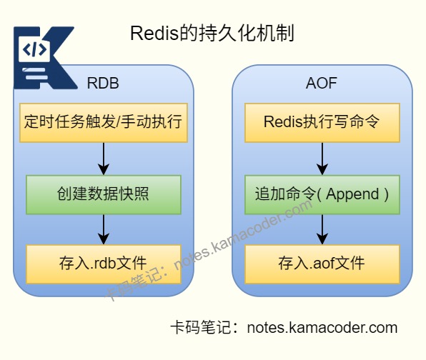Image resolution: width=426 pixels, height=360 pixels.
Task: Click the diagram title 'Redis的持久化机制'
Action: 212,33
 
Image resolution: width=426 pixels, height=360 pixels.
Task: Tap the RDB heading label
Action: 103,83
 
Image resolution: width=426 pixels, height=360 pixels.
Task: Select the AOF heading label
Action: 322,83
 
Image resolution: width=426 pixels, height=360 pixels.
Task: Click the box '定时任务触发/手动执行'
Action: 104,123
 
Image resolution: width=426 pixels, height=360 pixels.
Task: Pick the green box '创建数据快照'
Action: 104,195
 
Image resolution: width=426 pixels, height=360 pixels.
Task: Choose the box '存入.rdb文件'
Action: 104,264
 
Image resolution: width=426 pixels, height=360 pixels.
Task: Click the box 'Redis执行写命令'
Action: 322,123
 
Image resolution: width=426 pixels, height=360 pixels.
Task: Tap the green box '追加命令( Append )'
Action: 322,195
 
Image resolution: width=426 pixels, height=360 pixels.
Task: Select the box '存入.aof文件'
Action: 322,264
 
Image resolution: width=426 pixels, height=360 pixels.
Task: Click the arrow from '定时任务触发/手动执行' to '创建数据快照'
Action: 104,159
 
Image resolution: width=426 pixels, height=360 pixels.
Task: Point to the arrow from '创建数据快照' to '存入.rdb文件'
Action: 104,229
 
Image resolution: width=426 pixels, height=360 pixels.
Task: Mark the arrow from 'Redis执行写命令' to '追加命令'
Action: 322,159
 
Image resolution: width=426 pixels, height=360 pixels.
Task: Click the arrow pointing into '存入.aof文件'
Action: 322,229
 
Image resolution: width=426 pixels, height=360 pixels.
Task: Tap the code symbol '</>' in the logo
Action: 34,50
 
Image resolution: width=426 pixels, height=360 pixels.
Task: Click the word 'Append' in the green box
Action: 352,195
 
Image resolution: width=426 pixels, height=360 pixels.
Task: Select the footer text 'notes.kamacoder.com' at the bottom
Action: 322,328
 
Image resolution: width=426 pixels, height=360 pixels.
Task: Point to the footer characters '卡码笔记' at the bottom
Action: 201,327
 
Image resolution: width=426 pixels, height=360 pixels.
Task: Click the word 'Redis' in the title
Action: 154,34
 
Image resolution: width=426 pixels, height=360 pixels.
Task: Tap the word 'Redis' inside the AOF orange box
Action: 283,121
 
